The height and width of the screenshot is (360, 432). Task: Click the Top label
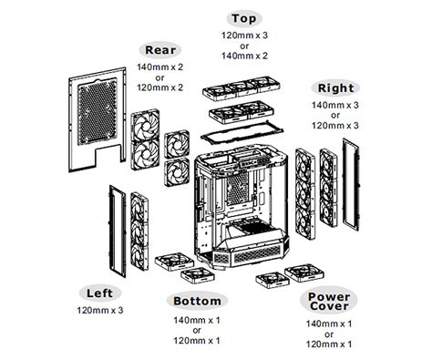tap(242, 17)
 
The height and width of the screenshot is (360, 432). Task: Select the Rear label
tap(160, 50)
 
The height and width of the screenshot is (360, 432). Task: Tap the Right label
tap(335, 88)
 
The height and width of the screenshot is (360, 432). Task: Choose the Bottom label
tap(196, 301)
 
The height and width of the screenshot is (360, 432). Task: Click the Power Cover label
tap(329, 303)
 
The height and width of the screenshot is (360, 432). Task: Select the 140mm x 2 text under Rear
tap(160, 67)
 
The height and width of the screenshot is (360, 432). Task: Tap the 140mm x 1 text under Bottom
tap(196, 320)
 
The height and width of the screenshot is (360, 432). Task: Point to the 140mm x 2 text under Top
tap(242, 57)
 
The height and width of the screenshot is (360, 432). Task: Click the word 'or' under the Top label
tap(242, 46)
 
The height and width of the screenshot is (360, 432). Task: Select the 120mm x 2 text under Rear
tap(160, 88)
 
